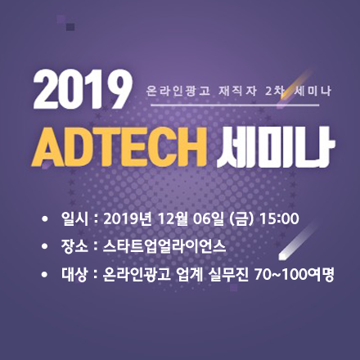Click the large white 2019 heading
(83, 90)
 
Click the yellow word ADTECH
(119, 146)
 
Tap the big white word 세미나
(276, 146)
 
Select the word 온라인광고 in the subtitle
(178, 91)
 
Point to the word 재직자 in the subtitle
(237, 91)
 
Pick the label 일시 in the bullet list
(74, 218)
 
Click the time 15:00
(280, 218)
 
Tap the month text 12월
(173, 219)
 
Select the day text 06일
(208, 219)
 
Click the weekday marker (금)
(241, 219)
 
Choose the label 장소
(74, 246)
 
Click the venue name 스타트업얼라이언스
(164, 246)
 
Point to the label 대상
(74, 275)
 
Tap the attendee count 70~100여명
(294, 275)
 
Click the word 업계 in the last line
(190, 275)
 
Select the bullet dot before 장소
(44, 247)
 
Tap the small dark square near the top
(70, 27)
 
